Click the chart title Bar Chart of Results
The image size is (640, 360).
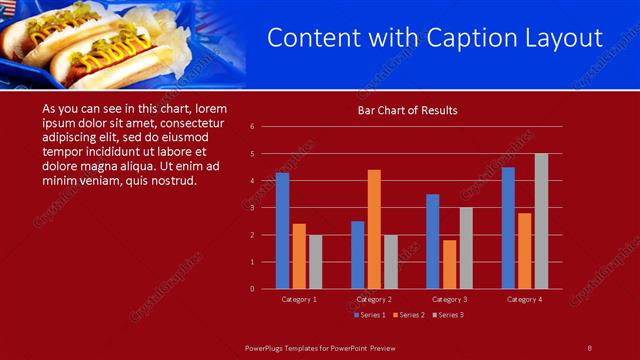point(408,110)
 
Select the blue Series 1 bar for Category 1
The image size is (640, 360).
point(283,231)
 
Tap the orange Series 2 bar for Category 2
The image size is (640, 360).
point(374,229)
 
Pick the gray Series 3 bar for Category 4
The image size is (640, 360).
point(541,221)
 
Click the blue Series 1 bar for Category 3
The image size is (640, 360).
point(433,241)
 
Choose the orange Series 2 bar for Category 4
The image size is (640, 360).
point(525,251)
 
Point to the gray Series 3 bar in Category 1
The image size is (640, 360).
point(315,262)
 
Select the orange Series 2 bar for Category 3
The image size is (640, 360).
point(449,264)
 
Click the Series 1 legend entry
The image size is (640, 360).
point(371,315)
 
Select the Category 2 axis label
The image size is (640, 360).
point(373,299)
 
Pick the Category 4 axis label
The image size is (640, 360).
point(524,299)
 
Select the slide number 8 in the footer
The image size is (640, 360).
point(589,347)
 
